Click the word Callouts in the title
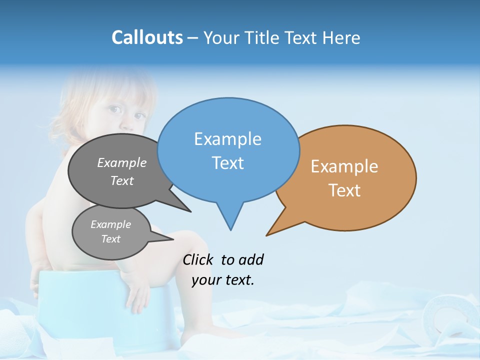(x=147, y=37)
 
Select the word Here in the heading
(x=341, y=38)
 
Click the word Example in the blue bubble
(x=227, y=139)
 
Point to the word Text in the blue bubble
(x=227, y=163)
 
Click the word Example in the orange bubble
(x=344, y=166)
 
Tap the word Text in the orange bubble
(x=344, y=190)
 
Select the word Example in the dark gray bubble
(x=122, y=162)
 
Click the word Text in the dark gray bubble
(x=122, y=180)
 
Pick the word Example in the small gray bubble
(x=110, y=224)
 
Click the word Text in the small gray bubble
(x=110, y=239)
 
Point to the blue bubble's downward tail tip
(x=230, y=229)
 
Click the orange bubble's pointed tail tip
(x=267, y=235)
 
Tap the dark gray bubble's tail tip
(x=190, y=211)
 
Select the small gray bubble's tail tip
(x=173, y=239)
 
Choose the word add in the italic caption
(x=250, y=259)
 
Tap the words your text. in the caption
(x=223, y=280)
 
